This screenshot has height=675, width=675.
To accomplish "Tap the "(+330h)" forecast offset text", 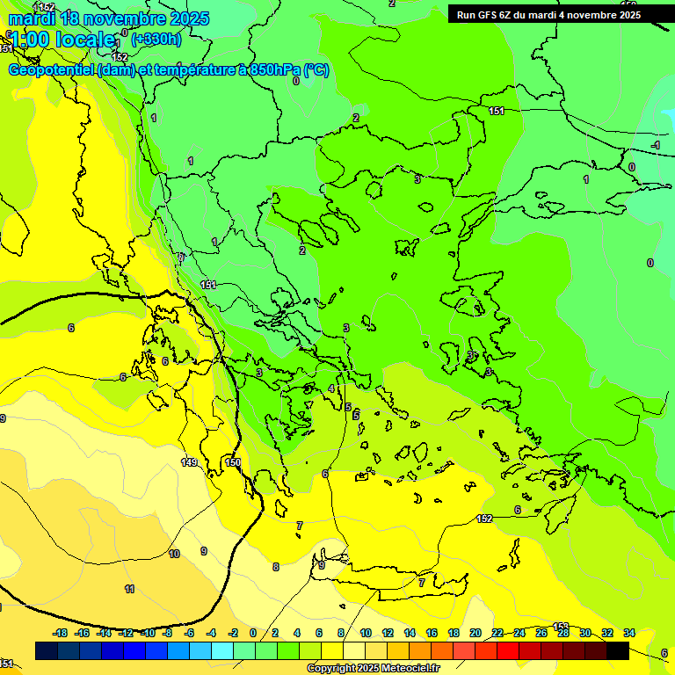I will point(156,39).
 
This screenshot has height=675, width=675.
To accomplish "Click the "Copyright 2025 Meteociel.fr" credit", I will point(373,669).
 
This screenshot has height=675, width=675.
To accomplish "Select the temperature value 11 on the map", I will point(129,590).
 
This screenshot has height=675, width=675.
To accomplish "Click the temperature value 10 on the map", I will point(174,555).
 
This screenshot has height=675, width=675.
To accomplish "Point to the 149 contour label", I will point(189,462).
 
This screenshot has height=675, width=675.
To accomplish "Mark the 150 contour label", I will point(232,462).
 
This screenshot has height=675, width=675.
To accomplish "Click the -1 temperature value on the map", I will point(655,145).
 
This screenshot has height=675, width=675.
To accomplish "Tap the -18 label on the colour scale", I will point(60,633).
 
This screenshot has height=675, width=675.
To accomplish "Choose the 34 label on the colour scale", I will point(628,633).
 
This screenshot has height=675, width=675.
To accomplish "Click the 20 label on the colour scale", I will point(475,633).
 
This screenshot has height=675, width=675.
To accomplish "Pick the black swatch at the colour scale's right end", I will point(618,650).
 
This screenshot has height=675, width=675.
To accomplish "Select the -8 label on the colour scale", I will point(166,633).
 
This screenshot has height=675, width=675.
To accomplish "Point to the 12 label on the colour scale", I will point(388,633).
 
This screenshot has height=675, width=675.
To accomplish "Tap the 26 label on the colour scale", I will point(541,633).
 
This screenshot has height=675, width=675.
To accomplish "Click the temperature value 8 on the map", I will point(275,567).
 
